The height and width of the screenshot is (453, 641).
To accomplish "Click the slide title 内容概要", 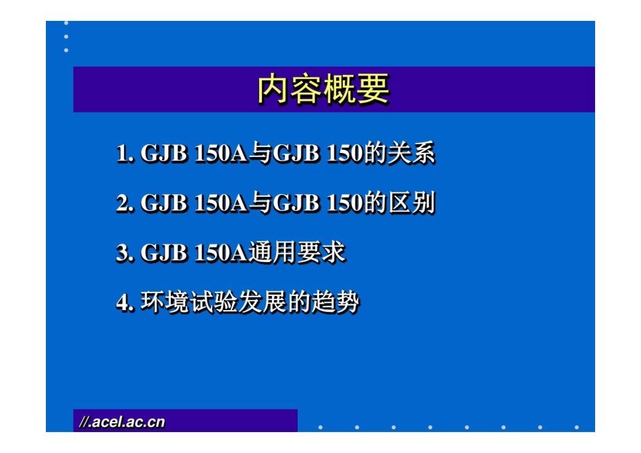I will click(323, 90).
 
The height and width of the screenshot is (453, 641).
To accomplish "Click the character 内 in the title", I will click(273, 90).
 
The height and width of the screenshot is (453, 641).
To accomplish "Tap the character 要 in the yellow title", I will click(373, 90).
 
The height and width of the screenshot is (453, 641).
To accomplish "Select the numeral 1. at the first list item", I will click(125, 154).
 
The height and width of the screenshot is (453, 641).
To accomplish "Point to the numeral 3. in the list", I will click(125, 253).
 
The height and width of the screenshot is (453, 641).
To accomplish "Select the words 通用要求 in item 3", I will click(298, 253).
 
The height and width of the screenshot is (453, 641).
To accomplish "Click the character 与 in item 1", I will click(260, 154).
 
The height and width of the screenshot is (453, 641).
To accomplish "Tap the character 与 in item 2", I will click(260, 203).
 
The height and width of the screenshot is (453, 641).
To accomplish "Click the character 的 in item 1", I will click(374, 154).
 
